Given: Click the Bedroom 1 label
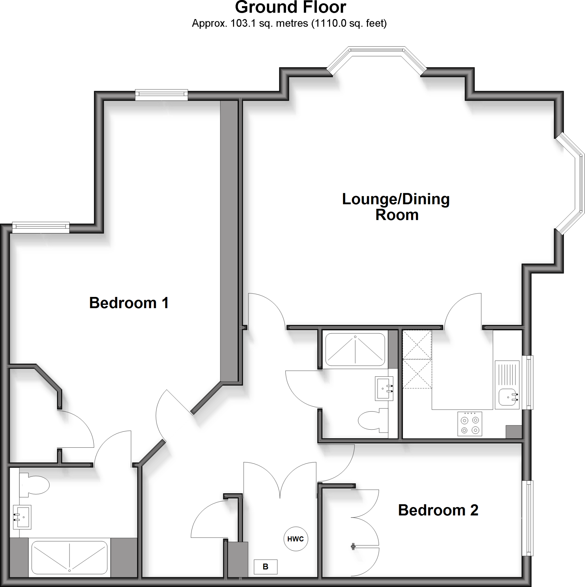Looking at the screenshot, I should click(x=129, y=303).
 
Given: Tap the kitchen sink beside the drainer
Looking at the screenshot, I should click(x=507, y=398).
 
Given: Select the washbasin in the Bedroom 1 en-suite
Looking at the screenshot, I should click(x=22, y=517).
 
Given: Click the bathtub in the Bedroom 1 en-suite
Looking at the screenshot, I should click(x=70, y=557).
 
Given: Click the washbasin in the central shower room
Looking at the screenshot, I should click(x=384, y=389).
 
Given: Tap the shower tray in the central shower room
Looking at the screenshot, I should click(x=355, y=350).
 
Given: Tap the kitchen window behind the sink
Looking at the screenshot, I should click(x=529, y=382).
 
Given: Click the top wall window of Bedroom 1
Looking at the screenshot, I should click(x=161, y=95).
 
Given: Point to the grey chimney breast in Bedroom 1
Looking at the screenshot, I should click(x=229, y=240).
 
